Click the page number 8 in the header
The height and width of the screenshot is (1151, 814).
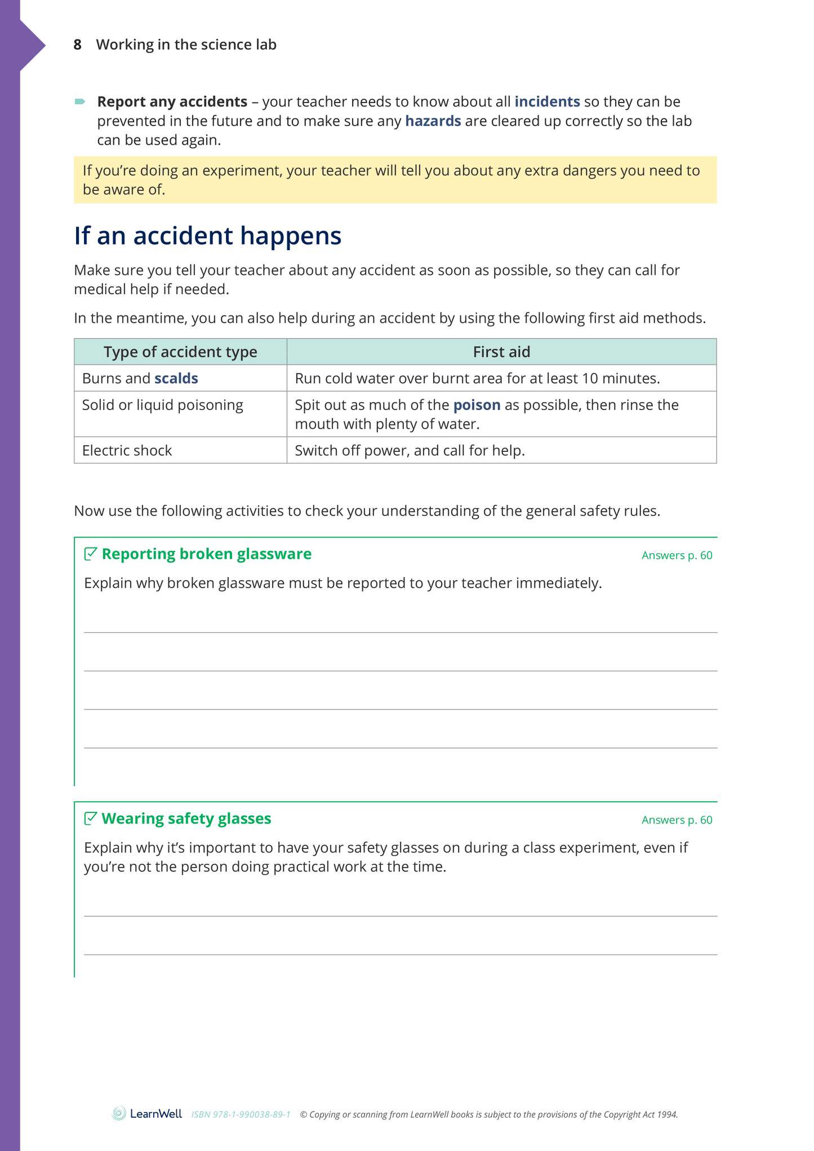point(78,45)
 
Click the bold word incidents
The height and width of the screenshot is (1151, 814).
point(547,101)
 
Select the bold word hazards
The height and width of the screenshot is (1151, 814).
point(433,121)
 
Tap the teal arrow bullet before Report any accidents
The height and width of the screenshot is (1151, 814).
point(80,101)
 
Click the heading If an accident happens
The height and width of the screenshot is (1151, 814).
point(207,235)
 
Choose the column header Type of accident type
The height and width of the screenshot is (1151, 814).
point(180,352)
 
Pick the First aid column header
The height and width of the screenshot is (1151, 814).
point(501,352)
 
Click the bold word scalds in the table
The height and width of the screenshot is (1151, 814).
point(176,378)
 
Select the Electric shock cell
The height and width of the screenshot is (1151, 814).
point(127,451)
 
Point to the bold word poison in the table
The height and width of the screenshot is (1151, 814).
point(477,405)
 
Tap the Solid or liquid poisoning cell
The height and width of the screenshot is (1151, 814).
point(162,405)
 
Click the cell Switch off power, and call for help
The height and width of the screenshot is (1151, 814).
point(410,451)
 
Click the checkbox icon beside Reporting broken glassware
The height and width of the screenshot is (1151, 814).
point(90,554)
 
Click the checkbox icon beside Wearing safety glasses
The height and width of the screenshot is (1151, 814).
point(90,818)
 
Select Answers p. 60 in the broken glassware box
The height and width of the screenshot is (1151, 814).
point(677,555)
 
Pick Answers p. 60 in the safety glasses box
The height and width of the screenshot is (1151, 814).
point(677,820)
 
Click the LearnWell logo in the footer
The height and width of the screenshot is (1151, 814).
point(148,1114)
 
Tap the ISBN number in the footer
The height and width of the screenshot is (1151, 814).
point(241,1115)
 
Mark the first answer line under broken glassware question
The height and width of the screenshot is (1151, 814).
point(400,632)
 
